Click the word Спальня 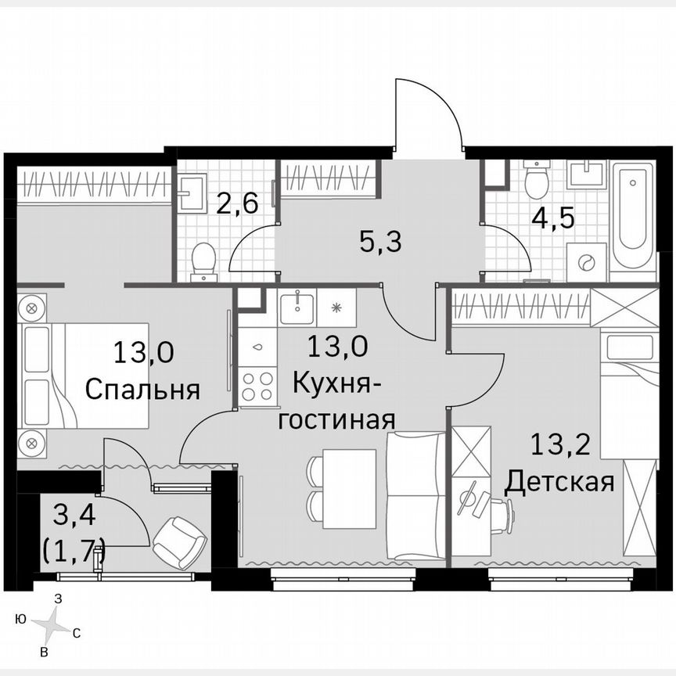(x=142, y=389)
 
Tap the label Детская (x=558, y=481)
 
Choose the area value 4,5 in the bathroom (x=554, y=217)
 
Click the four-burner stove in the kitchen (x=257, y=385)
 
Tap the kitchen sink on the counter (x=298, y=307)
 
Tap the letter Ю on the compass (x=20, y=620)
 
